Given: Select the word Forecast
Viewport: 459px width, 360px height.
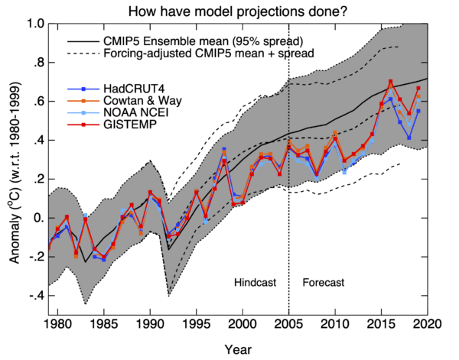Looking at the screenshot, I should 324,282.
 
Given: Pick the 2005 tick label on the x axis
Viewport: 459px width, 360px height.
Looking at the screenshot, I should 288,325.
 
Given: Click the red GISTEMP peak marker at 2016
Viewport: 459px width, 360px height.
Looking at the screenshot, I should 391,82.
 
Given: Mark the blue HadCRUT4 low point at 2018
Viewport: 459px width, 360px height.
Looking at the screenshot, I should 409,138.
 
